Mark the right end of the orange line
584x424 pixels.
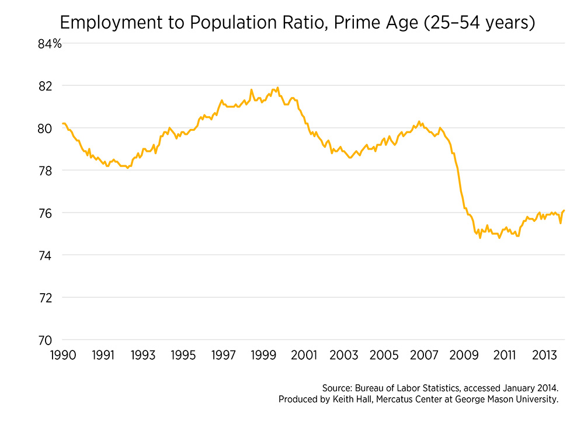(565, 210)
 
